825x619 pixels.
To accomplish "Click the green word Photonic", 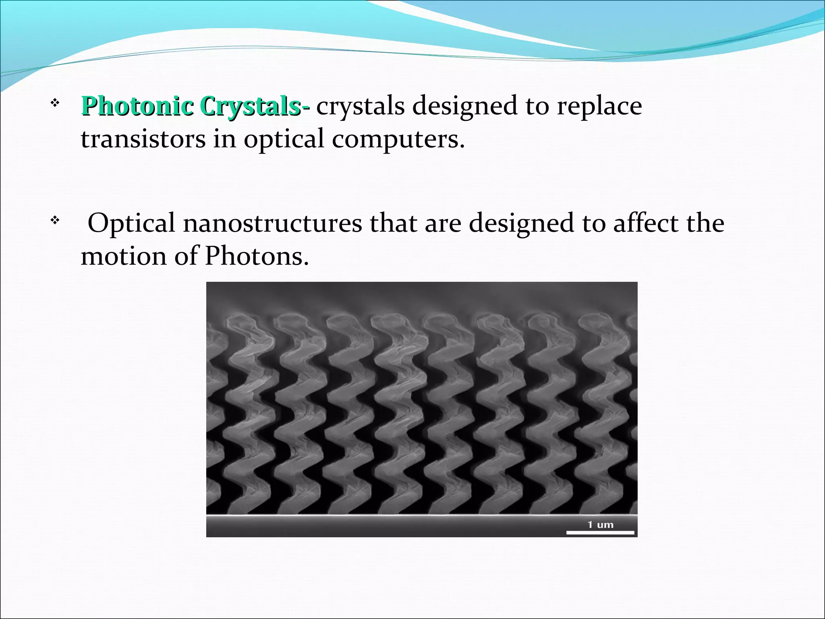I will click(137, 106).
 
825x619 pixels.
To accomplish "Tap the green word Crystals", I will click(250, 106).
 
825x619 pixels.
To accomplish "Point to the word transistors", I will click(143, 139).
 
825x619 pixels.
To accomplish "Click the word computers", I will click(398, 139).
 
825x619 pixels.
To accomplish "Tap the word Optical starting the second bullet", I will click(131, 223).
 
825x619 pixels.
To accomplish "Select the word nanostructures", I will click(272, 223).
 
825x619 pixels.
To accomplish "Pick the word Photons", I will click(257, 256).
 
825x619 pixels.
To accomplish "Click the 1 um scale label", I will click(600, 525).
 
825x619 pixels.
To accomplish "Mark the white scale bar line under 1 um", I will click(600, 533).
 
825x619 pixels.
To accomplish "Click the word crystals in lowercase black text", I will click(361, 106).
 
